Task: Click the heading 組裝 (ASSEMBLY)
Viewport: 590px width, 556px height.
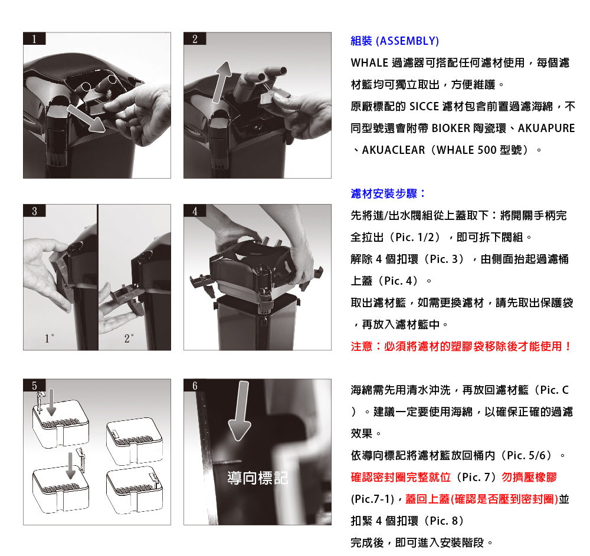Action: pyautogui.click(x=395, y=41)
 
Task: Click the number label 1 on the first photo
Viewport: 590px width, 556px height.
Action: pyautogui.click(x=34, y=39)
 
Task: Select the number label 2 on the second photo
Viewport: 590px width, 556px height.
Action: pyautogui.click(x=195, y=39)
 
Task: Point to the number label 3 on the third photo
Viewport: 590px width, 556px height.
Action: pyautogui.click(x=34, y=210)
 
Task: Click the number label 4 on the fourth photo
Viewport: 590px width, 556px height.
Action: pyautogui.click(x=195, y=210)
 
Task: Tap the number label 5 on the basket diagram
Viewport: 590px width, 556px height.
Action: pyautogui.click(x=34, y=386)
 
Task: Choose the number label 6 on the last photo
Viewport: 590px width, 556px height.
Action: pyautogui.click(x=195, y=386)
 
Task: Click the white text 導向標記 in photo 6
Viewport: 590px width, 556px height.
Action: pyautogui.click(x=257, y=478)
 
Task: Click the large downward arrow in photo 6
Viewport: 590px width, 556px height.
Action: pyautogui.click(x=241, y=410)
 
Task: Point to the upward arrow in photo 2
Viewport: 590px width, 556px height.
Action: pyautogui.click(x=222, y=82)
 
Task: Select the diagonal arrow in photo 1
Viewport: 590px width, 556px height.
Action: pyautogui.click(x=86, y=118)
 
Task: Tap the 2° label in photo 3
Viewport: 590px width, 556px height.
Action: pyautogui.click(x=129, y=338)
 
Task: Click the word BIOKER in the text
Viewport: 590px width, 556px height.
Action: pyautogui.click(x=451, y=128)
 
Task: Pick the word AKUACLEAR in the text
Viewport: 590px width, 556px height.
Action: pyautogui.click(x=393, y=150)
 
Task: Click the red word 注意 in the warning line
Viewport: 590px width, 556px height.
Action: pyautogui.click(x=362, y=346)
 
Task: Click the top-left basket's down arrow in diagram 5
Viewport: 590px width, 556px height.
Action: pyautogui.click(x=51, y=402)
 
